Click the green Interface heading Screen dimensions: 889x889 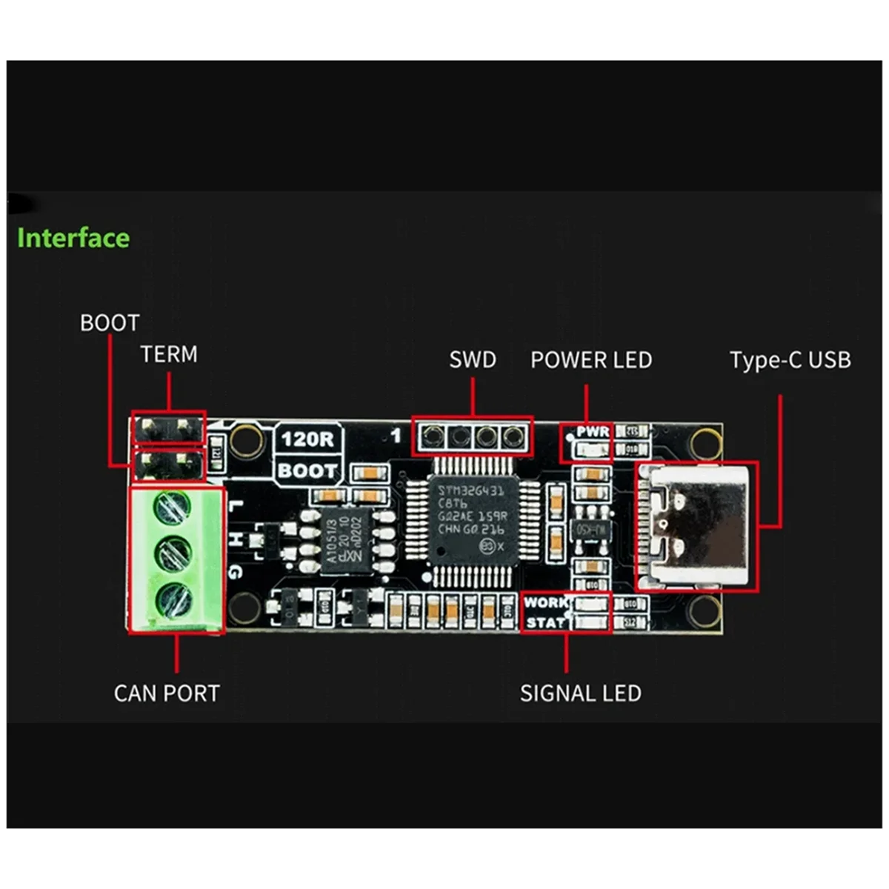73,238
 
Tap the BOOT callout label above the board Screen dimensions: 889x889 110,323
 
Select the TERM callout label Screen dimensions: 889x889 169,354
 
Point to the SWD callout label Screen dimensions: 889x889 473,360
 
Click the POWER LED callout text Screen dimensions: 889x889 591,361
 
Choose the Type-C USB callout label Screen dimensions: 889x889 790,361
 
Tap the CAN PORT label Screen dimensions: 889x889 167,693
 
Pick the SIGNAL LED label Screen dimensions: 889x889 580,693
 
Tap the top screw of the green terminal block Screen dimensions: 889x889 172,507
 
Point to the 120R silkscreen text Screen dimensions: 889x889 307,439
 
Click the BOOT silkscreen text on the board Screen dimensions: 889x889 307,470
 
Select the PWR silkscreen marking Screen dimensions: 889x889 593,431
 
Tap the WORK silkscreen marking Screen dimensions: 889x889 545,602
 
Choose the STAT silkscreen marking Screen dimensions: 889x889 545,622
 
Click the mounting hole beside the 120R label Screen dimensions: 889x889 246,440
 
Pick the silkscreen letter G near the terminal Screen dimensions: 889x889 235,572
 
